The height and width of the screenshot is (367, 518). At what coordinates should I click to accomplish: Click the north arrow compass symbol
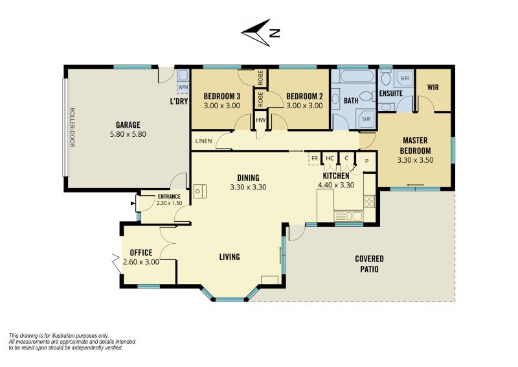(256, 33)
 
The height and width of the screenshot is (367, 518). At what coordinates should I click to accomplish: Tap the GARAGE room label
(128, 124)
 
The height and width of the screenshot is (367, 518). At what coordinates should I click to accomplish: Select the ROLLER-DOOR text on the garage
(73, 127)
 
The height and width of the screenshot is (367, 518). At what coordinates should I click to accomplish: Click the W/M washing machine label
(183, 87)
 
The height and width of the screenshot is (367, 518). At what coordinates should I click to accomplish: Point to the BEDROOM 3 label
(221, 97)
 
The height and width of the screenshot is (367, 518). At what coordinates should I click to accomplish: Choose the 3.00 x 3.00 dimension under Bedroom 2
(304, 106)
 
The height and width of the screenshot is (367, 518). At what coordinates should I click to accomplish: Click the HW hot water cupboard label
(261, 120)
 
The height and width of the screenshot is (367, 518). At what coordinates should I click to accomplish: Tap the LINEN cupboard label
(203, 141)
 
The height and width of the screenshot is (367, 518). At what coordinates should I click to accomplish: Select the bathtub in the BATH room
(354, 76)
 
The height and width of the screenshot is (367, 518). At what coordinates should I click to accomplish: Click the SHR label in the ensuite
(404, 78)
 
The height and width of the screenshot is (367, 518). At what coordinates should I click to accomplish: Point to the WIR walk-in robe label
(433, 88)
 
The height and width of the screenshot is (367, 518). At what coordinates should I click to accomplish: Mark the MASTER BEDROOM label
(415, 146)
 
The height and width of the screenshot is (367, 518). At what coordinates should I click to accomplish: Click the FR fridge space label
(315, 158)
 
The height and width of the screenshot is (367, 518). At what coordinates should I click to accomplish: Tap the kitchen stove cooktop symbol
(369, 202)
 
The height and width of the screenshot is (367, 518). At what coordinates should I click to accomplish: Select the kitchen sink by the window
(348, 217)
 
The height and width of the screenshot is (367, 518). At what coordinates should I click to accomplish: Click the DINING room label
(248, 178)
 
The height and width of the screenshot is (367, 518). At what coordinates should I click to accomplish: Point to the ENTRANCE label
(169, 196)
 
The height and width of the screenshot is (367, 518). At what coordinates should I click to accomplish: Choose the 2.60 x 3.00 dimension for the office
(141, 262)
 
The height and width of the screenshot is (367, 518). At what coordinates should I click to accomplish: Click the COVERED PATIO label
(369, 264)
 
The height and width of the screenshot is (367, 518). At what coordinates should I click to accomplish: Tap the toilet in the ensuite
(385, 78)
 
